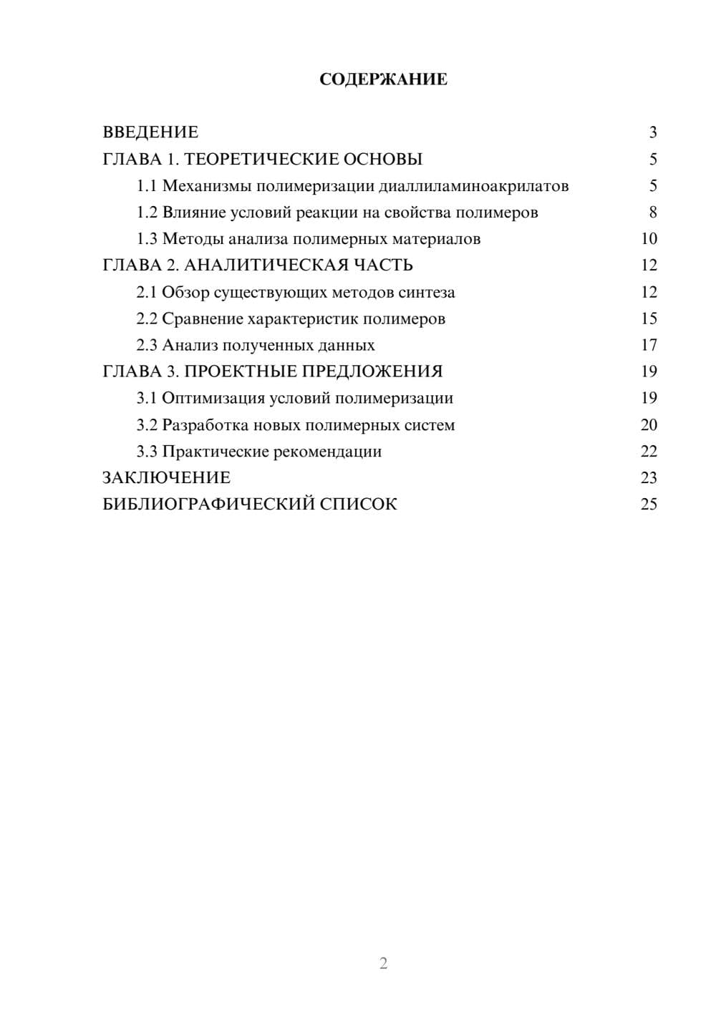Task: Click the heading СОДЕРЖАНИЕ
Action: [383, 79]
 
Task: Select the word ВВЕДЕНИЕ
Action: [150, 132]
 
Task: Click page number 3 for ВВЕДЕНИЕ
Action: [652, 132]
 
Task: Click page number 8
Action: [652, 213]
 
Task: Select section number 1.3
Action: [147, 239]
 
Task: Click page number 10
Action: [649, 239]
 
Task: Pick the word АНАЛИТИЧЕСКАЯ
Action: [264, 266]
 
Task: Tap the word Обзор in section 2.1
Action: [185, 292]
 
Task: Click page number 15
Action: [649, 318]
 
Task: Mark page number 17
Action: [649, 345]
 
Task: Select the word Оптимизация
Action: [208, 398]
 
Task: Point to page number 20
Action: [649, 425]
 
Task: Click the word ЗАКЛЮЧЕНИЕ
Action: [166, 478]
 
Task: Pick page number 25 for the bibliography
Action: [649, 505]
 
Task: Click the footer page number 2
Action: [383, 963]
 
